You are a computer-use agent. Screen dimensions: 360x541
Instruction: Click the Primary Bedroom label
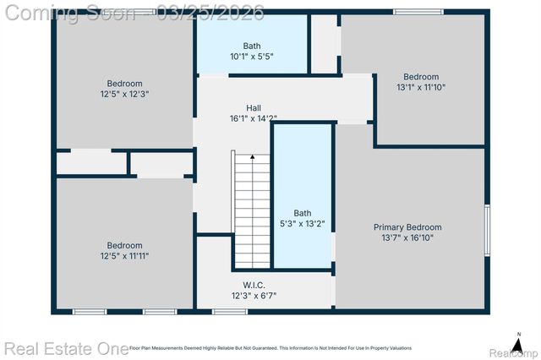(407, 227)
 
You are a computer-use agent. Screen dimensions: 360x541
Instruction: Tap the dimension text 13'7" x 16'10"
(407, 238)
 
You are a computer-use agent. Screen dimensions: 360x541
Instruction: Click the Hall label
(253, 108)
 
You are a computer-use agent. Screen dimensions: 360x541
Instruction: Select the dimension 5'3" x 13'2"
(302, 224)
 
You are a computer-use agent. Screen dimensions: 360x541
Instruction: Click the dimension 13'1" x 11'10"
(420, 87)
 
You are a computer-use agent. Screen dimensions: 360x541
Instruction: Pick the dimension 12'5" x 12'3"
(124, 94)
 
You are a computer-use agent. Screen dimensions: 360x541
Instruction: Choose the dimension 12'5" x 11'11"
(124, 255)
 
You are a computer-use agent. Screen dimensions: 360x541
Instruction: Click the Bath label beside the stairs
(302, 213)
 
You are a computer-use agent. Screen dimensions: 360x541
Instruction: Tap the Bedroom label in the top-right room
(420, 76)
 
